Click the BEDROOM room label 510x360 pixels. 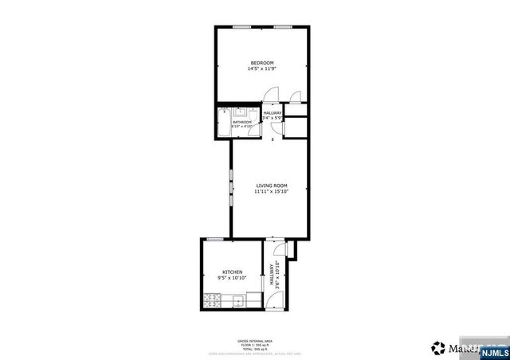tap(262, 63)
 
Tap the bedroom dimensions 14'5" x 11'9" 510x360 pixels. tap(262, 69)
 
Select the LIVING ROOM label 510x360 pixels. tap(271, 185)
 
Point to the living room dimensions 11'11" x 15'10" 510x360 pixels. tap(271, 191)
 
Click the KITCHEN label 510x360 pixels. tap(232, 272)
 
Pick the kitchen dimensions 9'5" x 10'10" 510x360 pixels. tap(232, 278)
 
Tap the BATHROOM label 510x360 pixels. tap(242, 122)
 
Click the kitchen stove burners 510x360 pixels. tap(212, 301)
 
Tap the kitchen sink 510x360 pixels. tap(237, 301)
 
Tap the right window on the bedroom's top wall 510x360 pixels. tap(282, 26)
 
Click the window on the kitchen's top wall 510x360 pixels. tap(214, 239)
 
